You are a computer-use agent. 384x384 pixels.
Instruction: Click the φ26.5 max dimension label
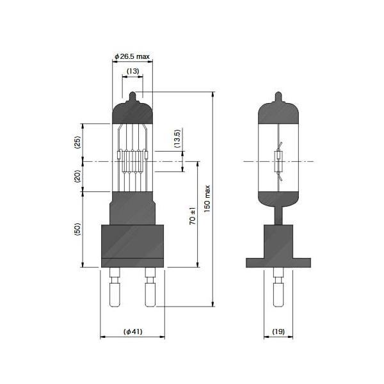click(132, 56)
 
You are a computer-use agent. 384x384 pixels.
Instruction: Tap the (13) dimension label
click(132, 71)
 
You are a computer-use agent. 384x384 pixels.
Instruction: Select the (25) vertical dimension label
click(77, 142)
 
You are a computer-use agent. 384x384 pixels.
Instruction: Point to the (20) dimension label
click(77, 177)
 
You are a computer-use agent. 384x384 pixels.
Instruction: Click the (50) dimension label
click(77, 229)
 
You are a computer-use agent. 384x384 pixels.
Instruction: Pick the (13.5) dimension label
click(177, 139)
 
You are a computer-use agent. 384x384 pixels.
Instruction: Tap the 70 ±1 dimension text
click(193, 216)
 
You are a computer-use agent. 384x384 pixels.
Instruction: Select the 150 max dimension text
click(207, 198)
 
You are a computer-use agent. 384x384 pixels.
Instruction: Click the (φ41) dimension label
click(133, 332)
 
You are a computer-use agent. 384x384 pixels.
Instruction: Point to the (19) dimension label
click(278, 332)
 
